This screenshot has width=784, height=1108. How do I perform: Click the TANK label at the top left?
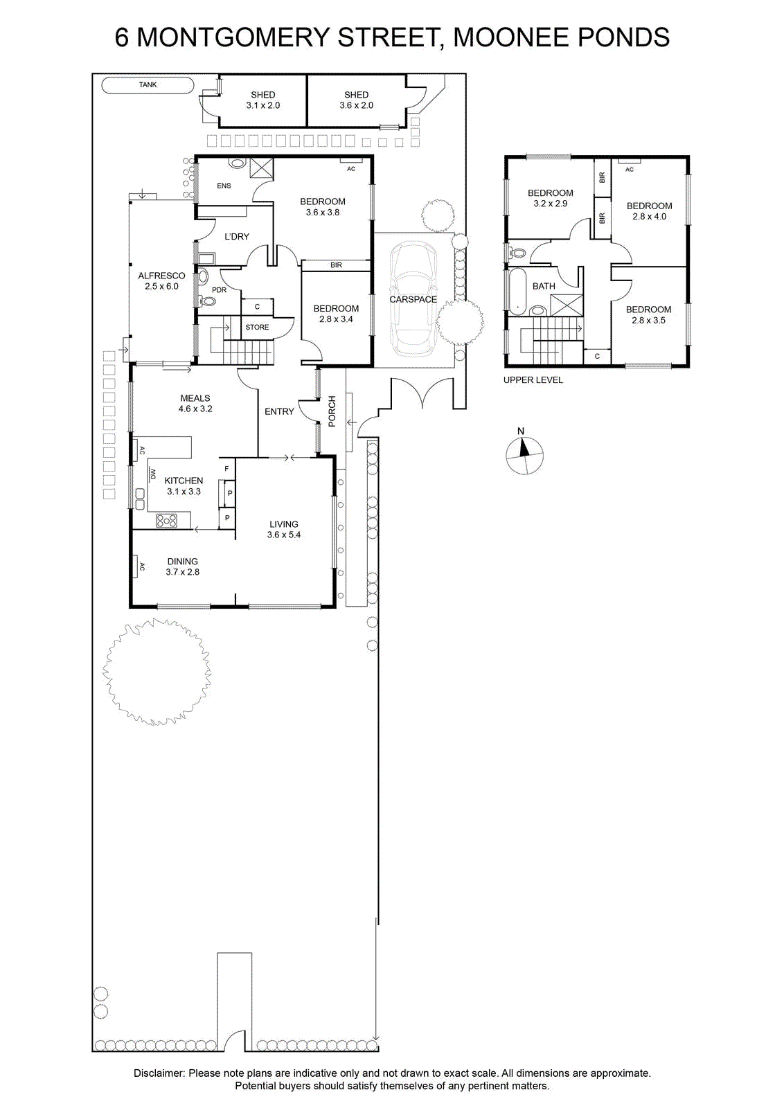tap(148, 84)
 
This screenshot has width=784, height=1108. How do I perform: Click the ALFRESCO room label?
tap(161, 276)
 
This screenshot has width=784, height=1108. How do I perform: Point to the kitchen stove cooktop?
tap(167, 520)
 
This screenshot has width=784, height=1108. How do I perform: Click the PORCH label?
tap(332, 411)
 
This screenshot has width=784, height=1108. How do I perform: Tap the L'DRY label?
tap(237, 236)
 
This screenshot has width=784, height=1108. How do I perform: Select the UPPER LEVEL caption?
tap(533, 380)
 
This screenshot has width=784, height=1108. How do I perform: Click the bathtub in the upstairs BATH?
tap(518, 292)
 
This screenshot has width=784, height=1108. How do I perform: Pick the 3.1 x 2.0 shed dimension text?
tap(262, 105)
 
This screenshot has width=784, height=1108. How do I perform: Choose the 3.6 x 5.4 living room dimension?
tap(283, 534)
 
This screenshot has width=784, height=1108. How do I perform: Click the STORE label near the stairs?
tap(257, 327)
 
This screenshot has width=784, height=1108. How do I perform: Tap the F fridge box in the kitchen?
tap(227, 468)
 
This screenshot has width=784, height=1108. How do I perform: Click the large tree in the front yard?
tap(157, 671)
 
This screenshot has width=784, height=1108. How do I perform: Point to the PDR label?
tap(219, 290)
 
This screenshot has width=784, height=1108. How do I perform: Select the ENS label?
tap(224, 186)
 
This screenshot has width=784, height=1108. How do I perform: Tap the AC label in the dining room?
tap(141, 567)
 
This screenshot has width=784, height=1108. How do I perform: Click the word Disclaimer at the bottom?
tap(159, 1073)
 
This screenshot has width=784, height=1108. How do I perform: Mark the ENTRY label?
tap(279, 411)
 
